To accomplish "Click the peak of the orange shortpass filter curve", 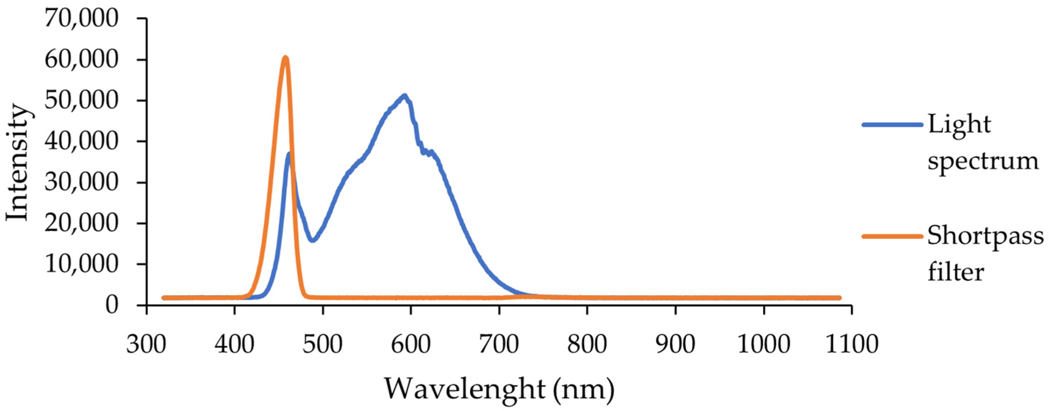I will pos(286,58).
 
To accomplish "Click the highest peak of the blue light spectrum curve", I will pos(404,96).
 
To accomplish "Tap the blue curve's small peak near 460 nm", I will pos(289,154).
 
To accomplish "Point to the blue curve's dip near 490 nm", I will pos(312,240).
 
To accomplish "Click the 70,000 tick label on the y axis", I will pos(81,19).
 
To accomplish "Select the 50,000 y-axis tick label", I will pos(81,101).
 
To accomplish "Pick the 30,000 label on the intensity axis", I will pos(81,183).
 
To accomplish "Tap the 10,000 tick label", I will pos(81,264).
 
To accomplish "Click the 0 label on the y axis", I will pos(112,306).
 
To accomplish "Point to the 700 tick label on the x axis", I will pos(499,344).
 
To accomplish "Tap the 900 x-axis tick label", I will pos(675,344).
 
